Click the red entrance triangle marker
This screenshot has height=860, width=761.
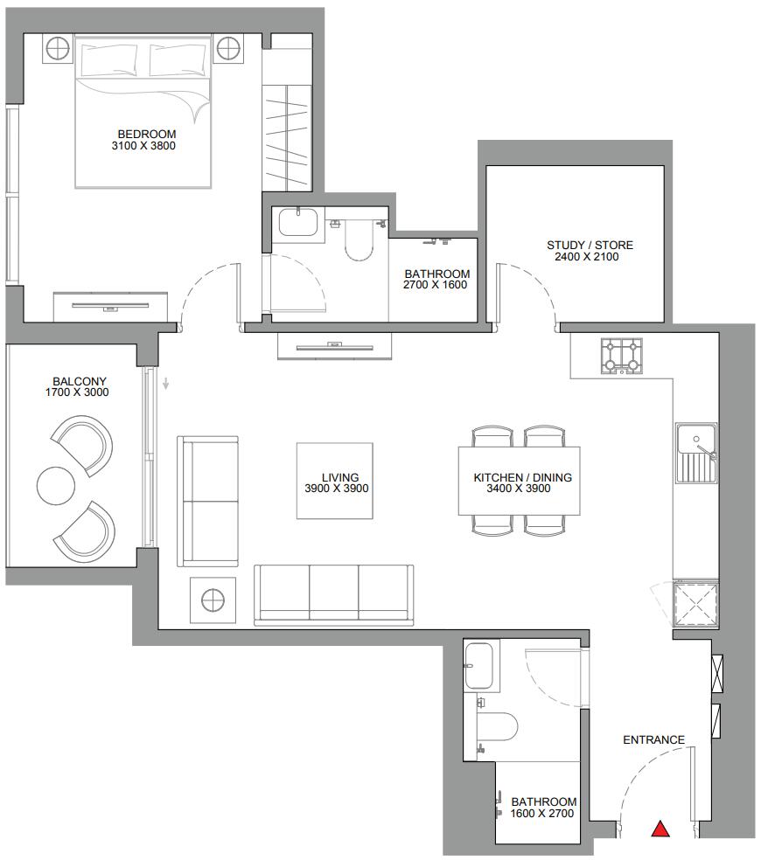pyautogui.click(x=660, y=829)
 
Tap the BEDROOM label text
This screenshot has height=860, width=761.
pyautogui.click(x=147, y=134)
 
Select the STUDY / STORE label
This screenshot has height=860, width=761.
pyautogui.click(x=590, y=246)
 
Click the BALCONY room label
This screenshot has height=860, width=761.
pyautogui.click(x=80, y=381)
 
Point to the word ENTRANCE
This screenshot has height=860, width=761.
pyautogui.click(x=654, y=740)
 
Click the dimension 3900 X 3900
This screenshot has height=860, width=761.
pyautogui.click(x=337, y=489)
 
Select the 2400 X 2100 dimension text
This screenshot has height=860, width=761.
pyautogui.click(x=586, y=257)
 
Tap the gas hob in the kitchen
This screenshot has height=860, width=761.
pyautogui.click(x=622, y=357)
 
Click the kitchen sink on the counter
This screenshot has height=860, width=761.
pyautogui.click(x=696, y=453)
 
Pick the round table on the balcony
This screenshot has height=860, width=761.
pyautogui.click(x=55, y=485)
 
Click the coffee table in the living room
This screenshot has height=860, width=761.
pyautogui.click(x=335, y=481)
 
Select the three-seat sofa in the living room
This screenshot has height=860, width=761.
pyautogui.click(x=334, y=595)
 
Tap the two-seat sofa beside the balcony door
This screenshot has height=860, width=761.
pyautogui.click(x=207, y=502)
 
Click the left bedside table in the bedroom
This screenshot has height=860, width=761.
pyautogui.click(x=58, y=49)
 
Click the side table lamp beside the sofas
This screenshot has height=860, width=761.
pyautogui.click(x=213, y=600)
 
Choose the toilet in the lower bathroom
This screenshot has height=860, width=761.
pyautogui.click(x=496, y=728)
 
